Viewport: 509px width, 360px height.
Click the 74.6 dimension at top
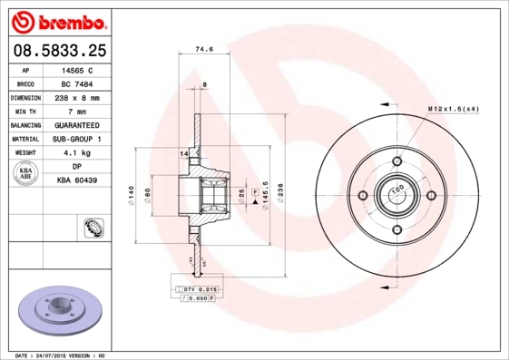point(216,52)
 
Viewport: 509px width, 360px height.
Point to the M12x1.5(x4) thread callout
point(453,109)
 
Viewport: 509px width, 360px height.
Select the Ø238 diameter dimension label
point(281,194)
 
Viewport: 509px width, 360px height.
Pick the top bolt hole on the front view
point(396,160)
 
